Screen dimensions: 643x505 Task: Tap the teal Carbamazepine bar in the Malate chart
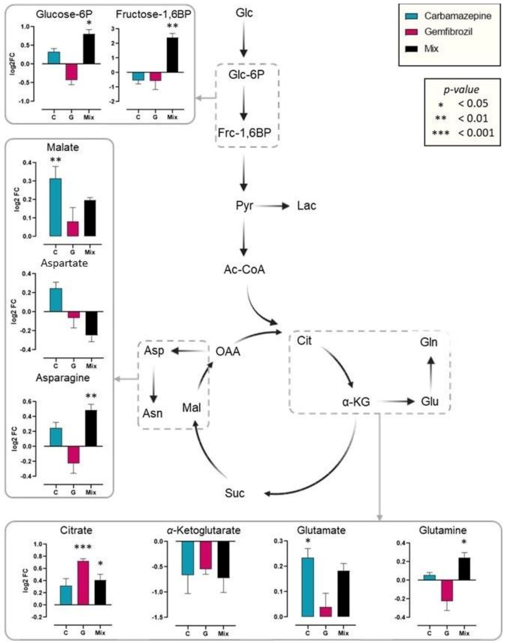click(55, 207)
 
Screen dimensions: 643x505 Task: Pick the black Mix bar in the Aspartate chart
click(91, 323)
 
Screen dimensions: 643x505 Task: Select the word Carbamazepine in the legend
click(458, 16)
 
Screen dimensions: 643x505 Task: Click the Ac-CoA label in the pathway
click(244, 269)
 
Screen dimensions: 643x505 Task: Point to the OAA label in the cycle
click(228, 352)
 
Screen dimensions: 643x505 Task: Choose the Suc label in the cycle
click(234, 493)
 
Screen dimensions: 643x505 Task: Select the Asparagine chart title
click(63, 378)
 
